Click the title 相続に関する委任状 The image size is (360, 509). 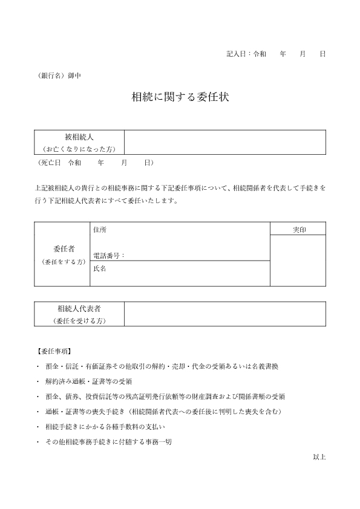[180, 97]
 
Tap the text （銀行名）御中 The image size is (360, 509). [59, 76]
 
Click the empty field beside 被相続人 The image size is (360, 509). [225, 143]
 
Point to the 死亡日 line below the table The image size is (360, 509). [96, 163]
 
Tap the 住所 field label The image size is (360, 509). [100, 230]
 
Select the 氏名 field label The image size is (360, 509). [100, 268]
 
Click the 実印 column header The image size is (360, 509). [298, 229]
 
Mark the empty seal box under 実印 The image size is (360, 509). [298, 261]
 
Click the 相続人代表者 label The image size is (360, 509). [79, 309]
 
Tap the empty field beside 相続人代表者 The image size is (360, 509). [225, 314]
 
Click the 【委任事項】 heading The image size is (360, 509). [53, 351]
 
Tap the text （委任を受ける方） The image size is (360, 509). [79, 320]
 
